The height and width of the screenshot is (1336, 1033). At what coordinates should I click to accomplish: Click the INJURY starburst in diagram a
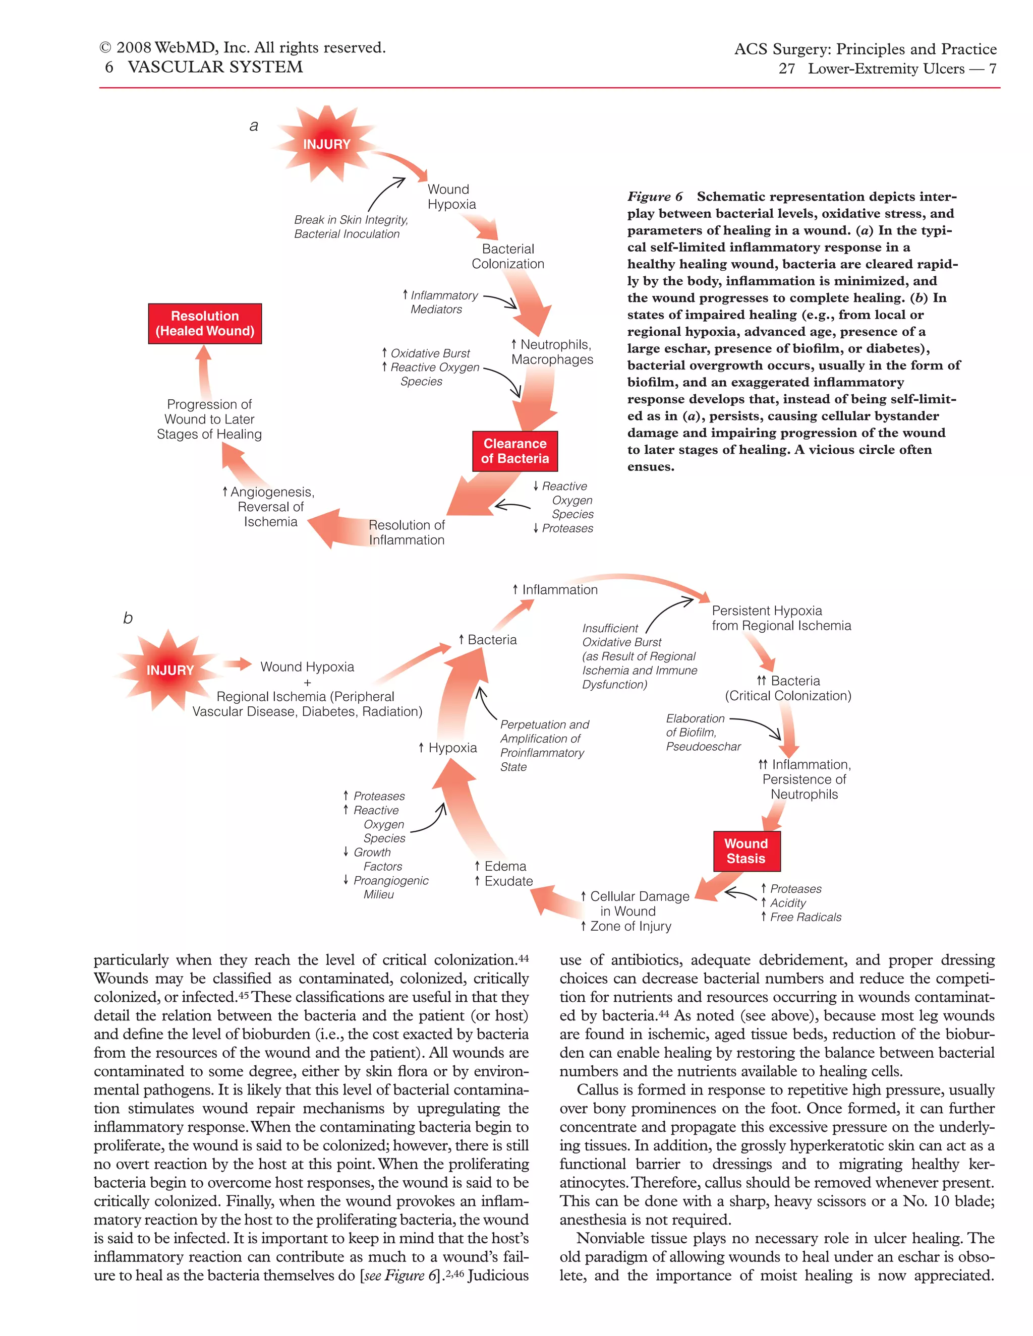327,144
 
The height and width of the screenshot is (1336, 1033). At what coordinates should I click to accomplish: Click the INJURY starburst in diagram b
169,671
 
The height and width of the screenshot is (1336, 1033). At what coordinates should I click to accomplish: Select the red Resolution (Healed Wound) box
205,324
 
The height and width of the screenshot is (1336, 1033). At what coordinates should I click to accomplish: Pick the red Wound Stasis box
746,851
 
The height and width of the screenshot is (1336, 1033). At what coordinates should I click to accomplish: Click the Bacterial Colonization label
508,256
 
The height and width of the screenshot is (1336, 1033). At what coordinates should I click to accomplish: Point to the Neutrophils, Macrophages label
552,352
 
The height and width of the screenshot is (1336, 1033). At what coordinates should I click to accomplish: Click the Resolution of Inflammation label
407,532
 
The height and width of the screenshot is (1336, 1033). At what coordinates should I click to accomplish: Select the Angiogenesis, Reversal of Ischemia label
270,507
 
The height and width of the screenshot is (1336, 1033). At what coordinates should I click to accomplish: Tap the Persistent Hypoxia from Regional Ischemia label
781,618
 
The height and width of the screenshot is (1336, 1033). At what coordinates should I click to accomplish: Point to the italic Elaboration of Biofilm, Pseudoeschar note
703,732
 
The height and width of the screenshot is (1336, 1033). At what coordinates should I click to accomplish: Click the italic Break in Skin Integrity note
351,227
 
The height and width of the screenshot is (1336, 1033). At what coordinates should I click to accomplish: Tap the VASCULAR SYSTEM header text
215,67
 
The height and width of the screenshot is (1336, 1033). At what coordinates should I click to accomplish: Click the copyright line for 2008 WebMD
242,48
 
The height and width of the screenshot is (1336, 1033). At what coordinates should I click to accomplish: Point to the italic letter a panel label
253,126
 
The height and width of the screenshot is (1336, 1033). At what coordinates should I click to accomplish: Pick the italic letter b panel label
128,618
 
